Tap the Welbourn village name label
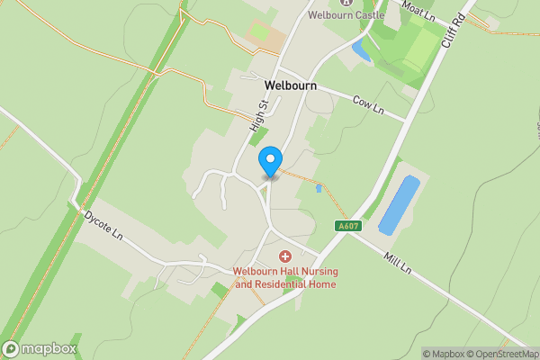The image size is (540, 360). [x=291, y=85]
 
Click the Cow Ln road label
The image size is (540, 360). [x=367, y=104]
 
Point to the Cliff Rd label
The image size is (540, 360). [x=451, y=31]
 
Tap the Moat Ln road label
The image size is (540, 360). [x=418, y=10]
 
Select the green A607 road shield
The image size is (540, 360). [x=347, y=226]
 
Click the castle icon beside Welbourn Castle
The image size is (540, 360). [x=345, y=3]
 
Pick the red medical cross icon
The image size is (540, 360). [x=284, y=257]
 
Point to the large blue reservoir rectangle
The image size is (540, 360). [x=399, y=205]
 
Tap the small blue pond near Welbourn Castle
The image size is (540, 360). [x=362, y=49]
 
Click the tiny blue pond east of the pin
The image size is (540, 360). [x=319, y=189]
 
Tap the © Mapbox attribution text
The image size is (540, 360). [x=445, y=354]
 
